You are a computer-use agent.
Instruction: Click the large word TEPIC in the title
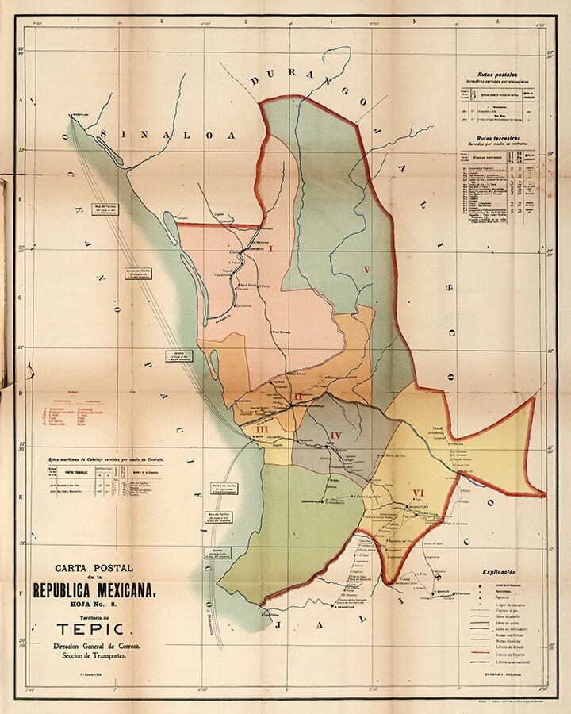tap(94, 629)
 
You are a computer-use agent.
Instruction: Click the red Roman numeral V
tap(366, 270)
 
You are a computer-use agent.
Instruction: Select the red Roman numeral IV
tap(336, 435)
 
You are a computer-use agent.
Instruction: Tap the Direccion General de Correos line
tap(94, 647)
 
